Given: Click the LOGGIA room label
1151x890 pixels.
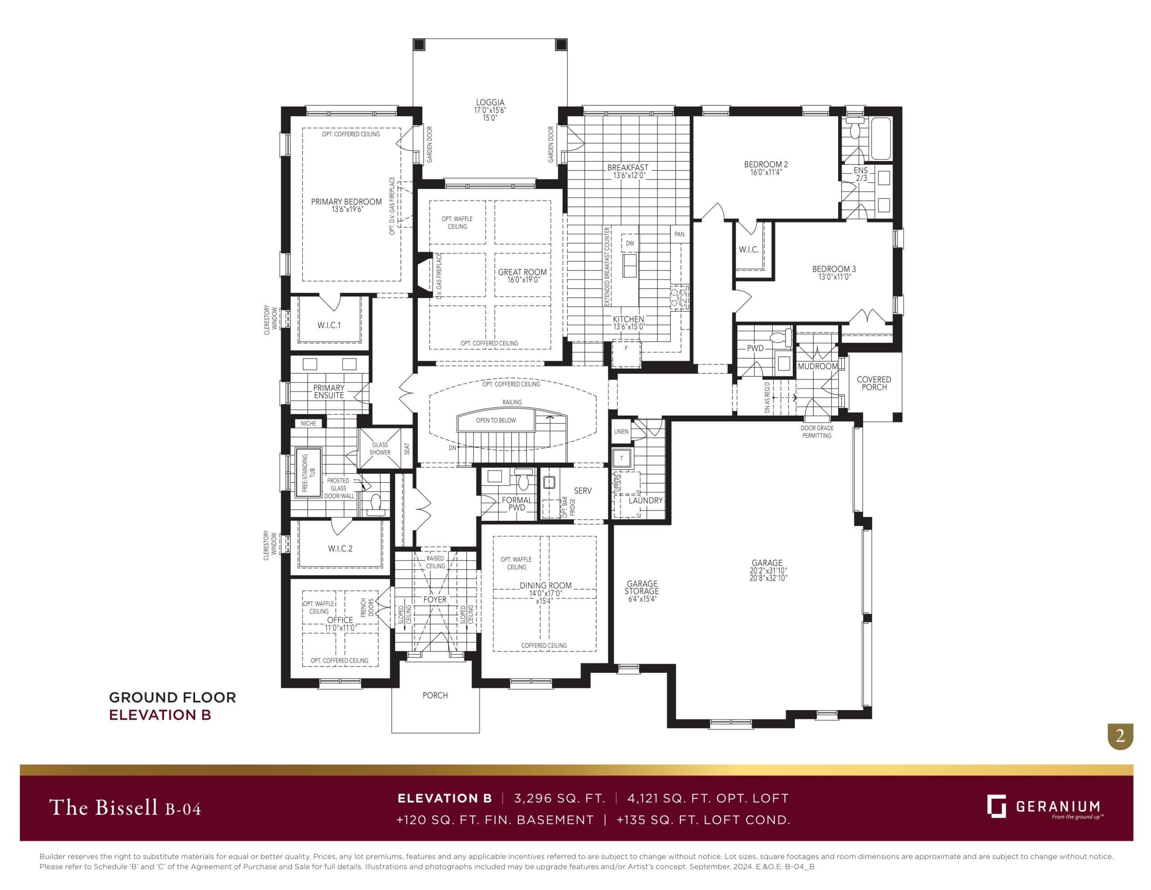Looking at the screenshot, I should [x=490, y=102].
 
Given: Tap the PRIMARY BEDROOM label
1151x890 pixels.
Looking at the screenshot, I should [x=346, y=201].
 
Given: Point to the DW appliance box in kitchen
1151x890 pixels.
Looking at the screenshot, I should [x=630, y=243].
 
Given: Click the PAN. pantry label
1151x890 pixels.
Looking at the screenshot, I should [x=680, y=234].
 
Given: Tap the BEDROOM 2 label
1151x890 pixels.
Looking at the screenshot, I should [x=766, y=165].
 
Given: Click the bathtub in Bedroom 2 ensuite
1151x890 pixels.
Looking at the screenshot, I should [x=881, y=139].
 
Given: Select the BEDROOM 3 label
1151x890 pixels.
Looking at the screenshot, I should [x=834, y=269].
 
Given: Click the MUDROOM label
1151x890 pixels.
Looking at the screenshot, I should [x=817, y=367].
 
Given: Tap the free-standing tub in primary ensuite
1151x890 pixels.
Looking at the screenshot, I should [x=308, y=473].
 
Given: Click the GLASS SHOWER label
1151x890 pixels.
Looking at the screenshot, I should [x=380, y=449].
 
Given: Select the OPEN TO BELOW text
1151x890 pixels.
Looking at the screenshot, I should [x=496, y=420].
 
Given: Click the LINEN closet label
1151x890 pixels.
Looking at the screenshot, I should [x=621, y=431].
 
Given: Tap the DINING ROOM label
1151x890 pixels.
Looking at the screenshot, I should [x=545, y=585].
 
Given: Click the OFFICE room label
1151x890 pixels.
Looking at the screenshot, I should [x=340, y=620].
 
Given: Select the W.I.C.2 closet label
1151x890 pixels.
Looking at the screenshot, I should [x=340, y=549].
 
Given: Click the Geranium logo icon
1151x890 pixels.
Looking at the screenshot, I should [x=996, y=806].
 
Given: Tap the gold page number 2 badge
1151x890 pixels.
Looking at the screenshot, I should [x=1120, y=735].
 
